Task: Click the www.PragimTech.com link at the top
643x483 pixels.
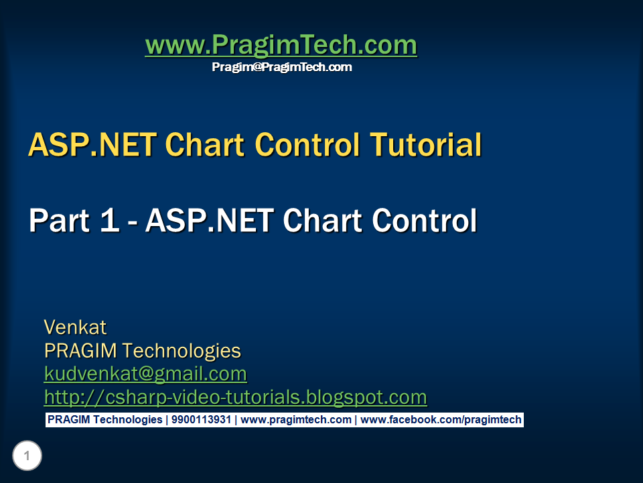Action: click(x=281, y=45)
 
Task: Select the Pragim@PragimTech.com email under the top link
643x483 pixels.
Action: click(x=282, y=67)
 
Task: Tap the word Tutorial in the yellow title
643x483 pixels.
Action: click(x=426, y=145)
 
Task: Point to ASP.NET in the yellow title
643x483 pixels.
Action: click(x=92, y=145)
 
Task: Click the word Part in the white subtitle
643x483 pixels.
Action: click(x=60, y=221)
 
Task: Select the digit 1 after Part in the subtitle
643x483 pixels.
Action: click(x=109, y=221)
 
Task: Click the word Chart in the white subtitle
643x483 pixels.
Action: click(x=323, y=221)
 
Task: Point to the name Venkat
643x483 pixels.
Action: click(x=75, y=327)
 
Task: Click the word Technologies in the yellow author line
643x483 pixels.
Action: click(x=182, y=351)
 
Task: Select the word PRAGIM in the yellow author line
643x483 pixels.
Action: click(x=80, y=351)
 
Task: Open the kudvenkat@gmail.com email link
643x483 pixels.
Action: click(x=145, y=374)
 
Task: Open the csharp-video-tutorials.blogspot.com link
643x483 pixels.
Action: click(x=235, y=397)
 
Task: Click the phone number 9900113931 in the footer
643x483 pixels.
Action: click(x=202, y=420)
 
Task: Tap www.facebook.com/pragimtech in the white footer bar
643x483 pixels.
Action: click(x=441, y=420)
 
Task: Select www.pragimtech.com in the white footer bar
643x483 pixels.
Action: click(x=296, y=420)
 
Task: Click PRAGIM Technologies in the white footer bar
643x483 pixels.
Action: click(x=105, y=420)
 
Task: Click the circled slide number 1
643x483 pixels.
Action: click(x=27, y=455)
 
